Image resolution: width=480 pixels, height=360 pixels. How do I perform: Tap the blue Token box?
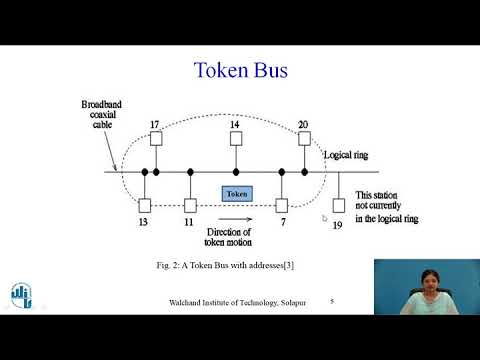click(237, 193)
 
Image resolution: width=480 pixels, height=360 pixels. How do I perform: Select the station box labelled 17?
click(155, 140)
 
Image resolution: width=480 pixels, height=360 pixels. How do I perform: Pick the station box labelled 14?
click(235, 140)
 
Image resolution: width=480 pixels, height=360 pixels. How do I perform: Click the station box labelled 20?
click(303, 140)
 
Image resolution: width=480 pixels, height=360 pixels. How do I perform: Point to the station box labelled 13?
click(146, 205)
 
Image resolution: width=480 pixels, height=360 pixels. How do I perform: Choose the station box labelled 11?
click(189, 205)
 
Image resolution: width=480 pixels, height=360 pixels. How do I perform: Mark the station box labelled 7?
click(282, 205)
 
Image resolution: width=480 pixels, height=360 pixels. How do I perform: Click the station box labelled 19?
click(339, 206)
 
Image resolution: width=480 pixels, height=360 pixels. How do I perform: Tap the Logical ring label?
click(345, 156)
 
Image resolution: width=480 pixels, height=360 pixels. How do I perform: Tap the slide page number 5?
click(332, 301)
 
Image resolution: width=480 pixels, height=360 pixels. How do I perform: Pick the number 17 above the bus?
click(155, 125)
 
